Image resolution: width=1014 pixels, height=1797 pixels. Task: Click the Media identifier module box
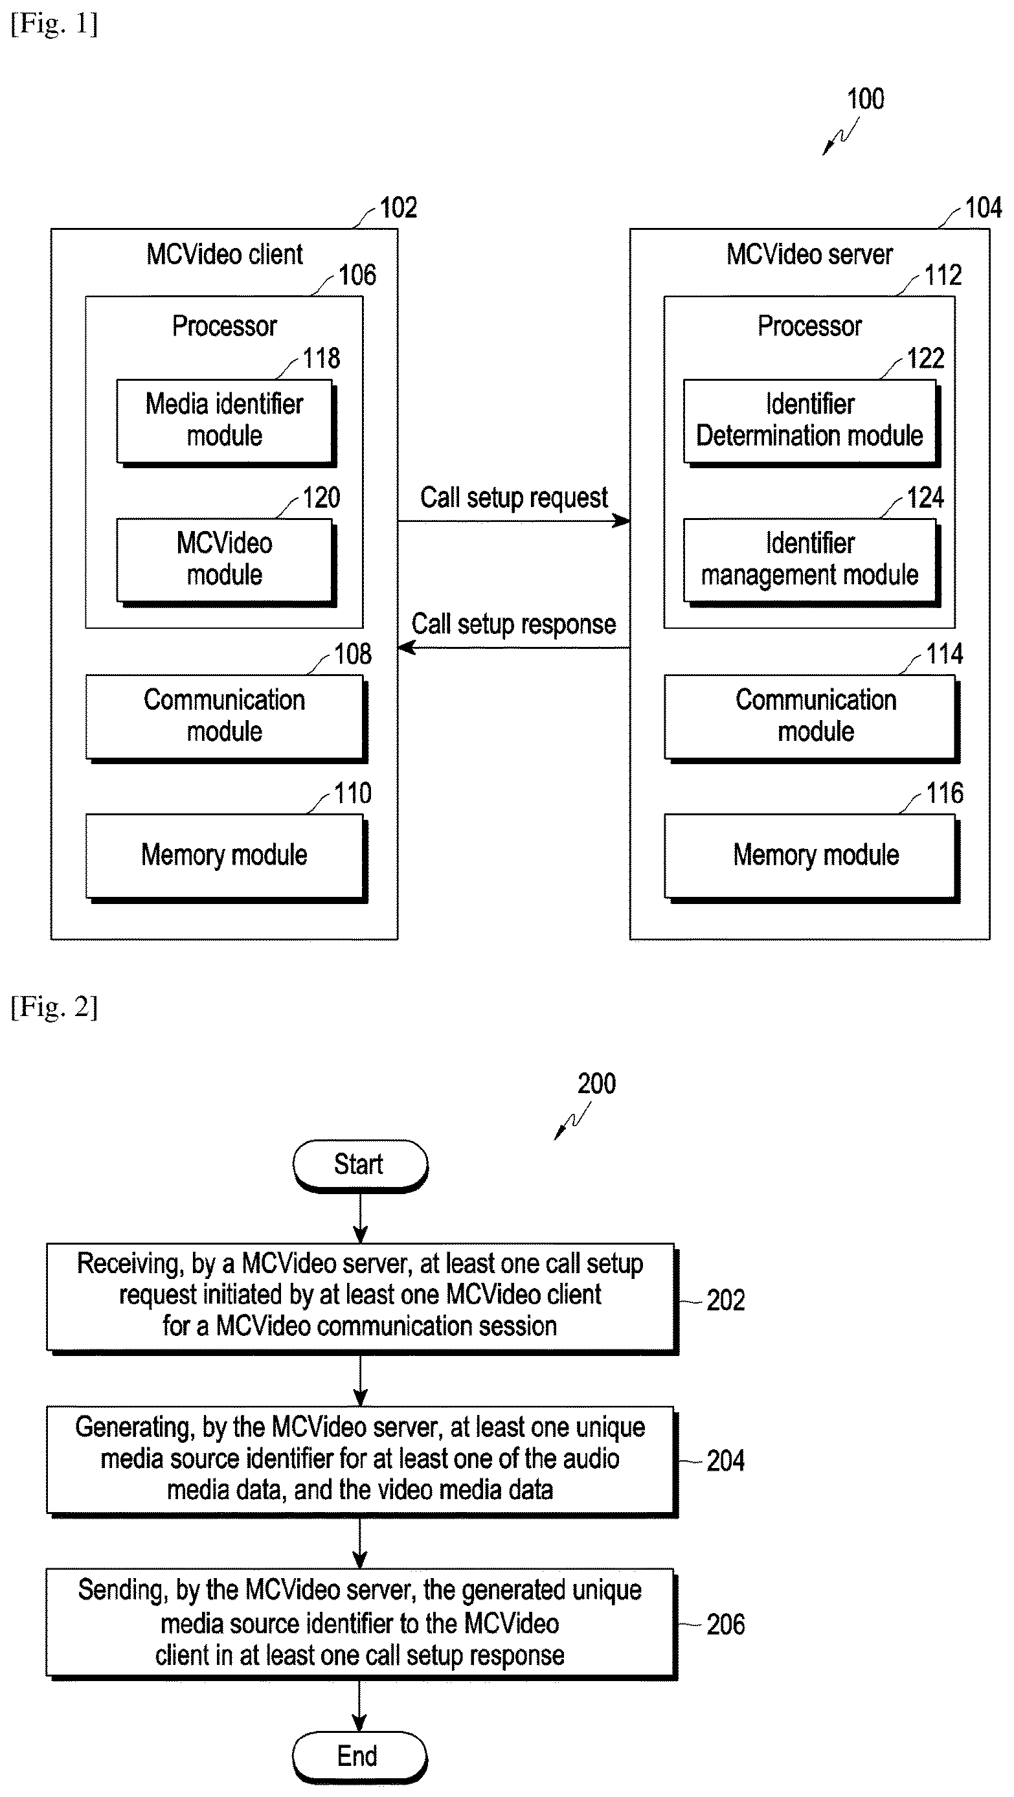(226, 423)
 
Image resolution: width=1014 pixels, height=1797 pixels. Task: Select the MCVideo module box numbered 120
(226, 561)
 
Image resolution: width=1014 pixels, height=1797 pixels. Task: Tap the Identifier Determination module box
(812, 423)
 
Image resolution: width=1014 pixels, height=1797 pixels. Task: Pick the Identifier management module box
(812, 561)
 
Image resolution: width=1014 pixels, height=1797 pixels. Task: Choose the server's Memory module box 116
(812, 857)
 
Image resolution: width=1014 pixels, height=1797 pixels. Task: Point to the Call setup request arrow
(514, 521)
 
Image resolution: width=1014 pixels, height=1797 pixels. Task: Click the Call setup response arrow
(514, 648)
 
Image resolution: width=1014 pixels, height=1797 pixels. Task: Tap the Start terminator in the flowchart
(360, 1166)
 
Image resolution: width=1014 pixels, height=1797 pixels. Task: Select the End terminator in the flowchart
(359, 1757)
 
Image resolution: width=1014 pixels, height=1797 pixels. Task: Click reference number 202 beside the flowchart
(725, 1300)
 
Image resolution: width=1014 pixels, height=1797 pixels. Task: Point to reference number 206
(725, 1625)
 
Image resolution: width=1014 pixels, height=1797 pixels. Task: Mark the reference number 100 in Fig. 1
(866, 99)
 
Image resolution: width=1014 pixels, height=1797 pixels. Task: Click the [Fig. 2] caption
(54, 1006)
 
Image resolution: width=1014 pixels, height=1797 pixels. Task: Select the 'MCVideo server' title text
(809, 254)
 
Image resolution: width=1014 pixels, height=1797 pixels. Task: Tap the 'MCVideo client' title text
(225, 254)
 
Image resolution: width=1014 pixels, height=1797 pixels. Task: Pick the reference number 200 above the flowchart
(596, 1084)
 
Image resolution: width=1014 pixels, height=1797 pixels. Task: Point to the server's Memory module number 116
(944, 793)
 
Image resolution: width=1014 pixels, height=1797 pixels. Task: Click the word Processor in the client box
(225, 326)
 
